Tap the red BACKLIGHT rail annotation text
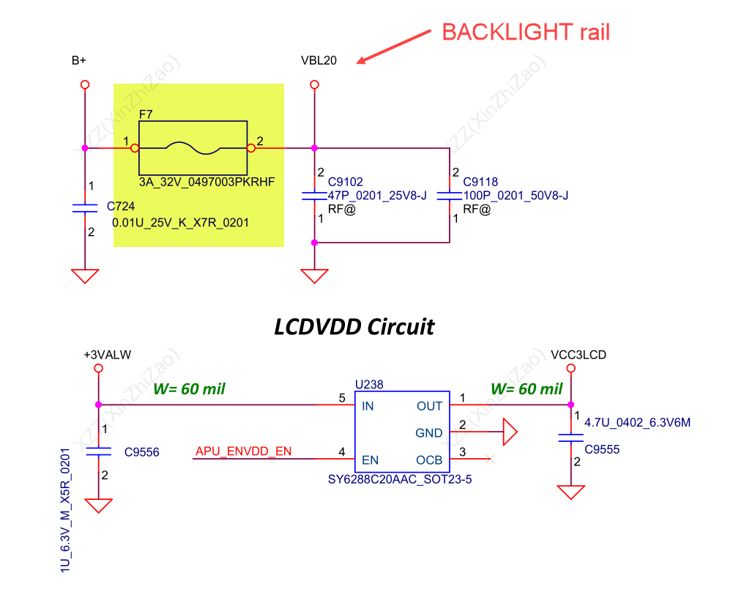pyautogui.click(x=526, y=32)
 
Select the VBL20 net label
pyautogui.click(x=319, y=61)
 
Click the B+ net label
pyautogui.click(x=79, y=61)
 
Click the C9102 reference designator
pyautogui.click(x=346, y=182)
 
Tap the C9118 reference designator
pyautogui.click(x=480, y=182)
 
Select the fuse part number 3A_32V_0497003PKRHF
pyautogui.click(x=206, y=181)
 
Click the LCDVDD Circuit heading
pyautogui.click(x=354, y=326)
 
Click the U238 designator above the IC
pyautogui.click(x=369, y=384)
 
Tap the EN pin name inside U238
pyautogui.click(x=370, y=460)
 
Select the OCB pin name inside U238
pyautogui.click(x=429, y=460)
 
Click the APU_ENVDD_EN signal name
pyautogui.click(x=243, y=451)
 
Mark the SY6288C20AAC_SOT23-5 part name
pyautogui.click(x=401, y=482)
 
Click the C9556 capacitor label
pyautogui.click(x=141, y=453)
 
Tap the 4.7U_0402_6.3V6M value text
pyautogui.click(x=637, y=422)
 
